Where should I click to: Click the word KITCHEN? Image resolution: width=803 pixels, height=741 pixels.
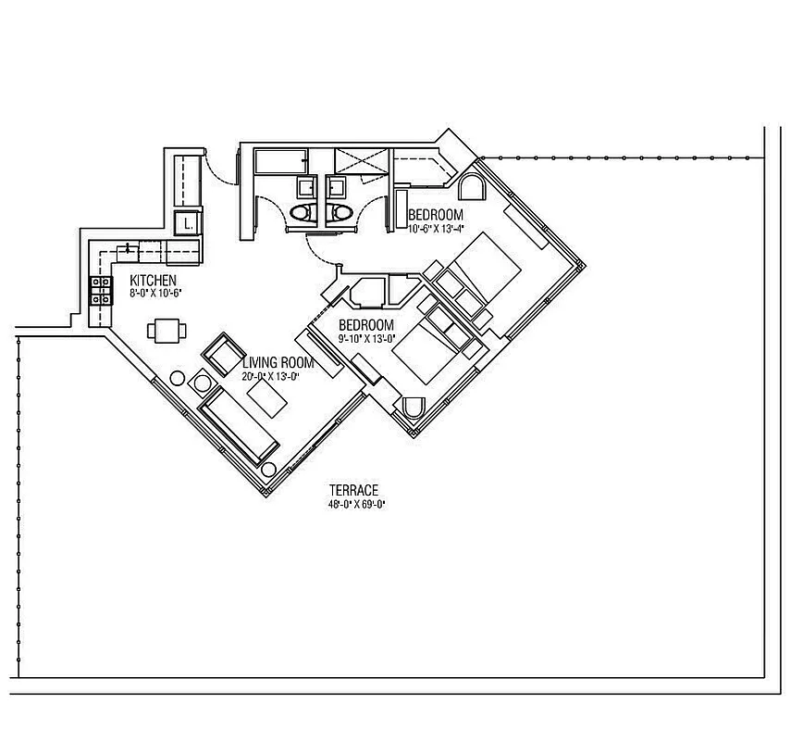[153, 281]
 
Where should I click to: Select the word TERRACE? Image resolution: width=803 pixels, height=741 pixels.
[354, 490]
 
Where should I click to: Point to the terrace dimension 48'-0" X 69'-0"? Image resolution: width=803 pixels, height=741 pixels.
[354, 504]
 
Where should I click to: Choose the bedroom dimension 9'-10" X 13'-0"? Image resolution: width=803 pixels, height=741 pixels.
[366, 338]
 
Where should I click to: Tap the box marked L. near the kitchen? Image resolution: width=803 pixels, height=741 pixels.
[188, 223]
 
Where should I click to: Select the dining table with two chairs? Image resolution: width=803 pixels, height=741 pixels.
[167, 330]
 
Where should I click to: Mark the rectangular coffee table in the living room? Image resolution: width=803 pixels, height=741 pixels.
[268, 399]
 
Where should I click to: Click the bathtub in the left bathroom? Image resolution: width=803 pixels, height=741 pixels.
[280, 162]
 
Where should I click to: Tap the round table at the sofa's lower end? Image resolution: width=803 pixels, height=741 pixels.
[268, 470]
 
